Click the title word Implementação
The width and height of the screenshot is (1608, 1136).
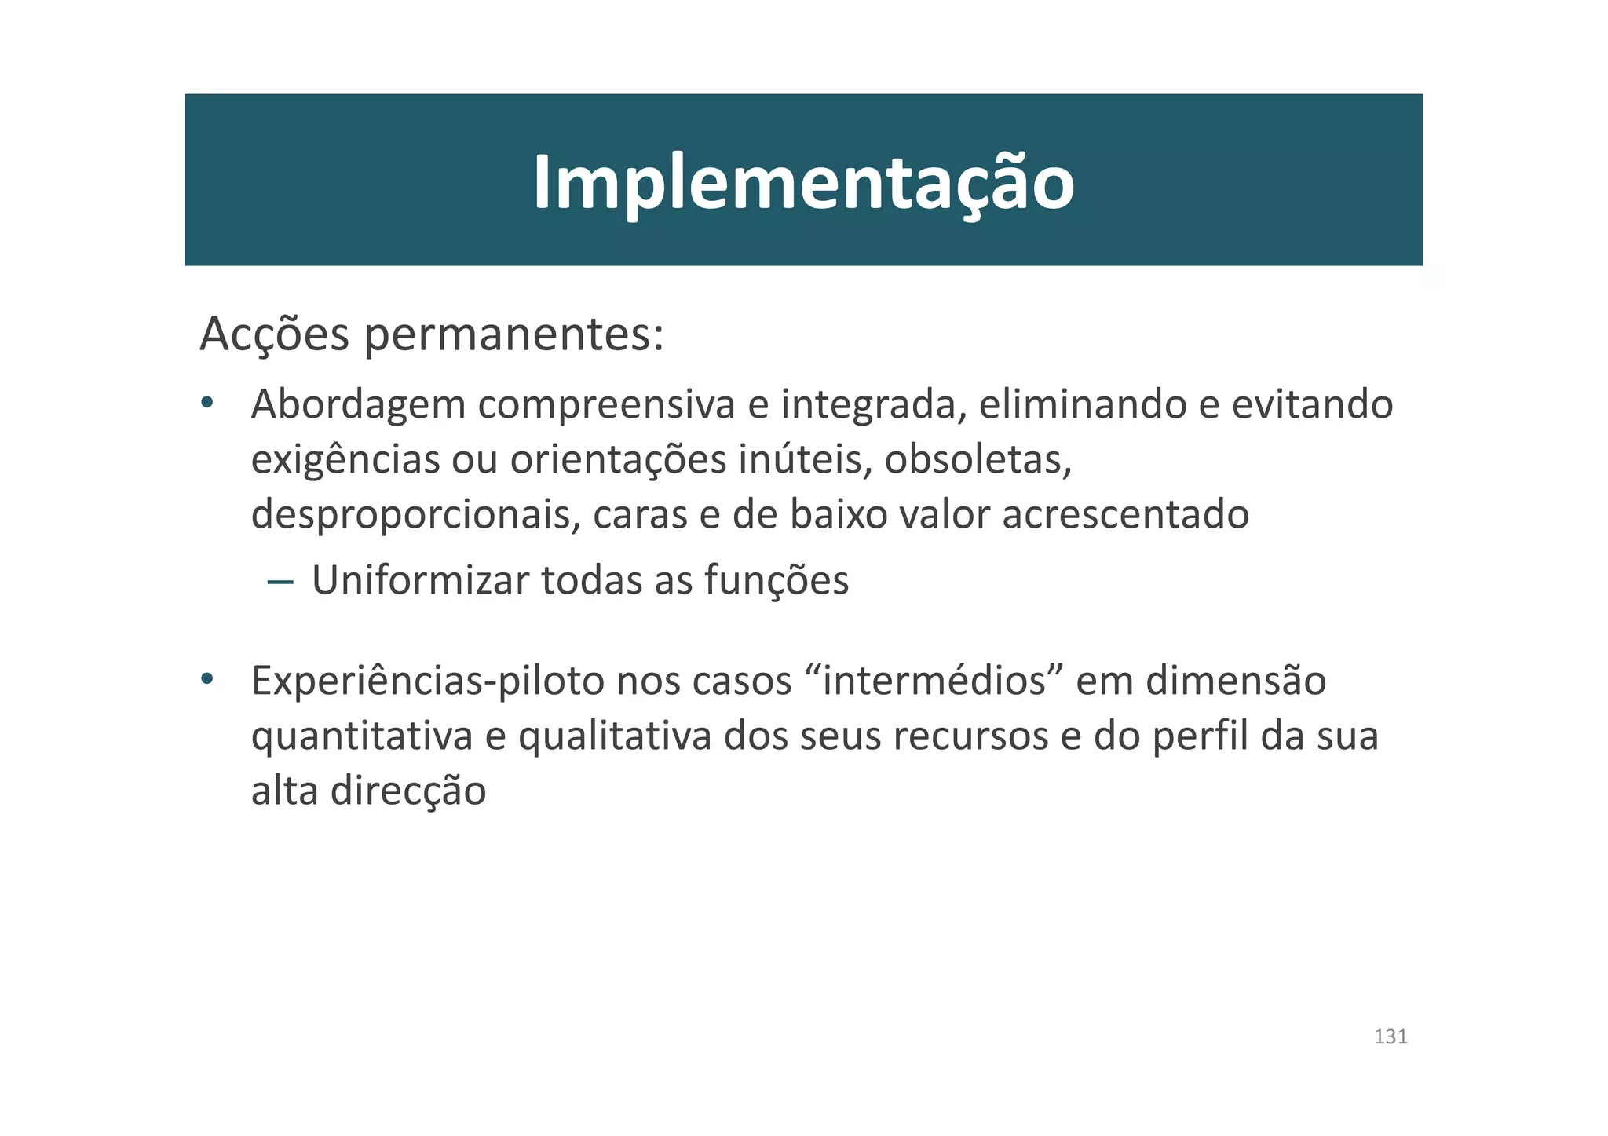[803, 183]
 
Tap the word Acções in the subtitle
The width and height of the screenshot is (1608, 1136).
[274, 335]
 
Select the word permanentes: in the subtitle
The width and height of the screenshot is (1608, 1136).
[514, 335]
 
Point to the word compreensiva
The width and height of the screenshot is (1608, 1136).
[607, 406]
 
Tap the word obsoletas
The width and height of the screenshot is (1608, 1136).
[978, 460]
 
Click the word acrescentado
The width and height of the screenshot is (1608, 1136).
[1126, 515]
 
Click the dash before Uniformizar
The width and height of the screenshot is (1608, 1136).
[280, 582]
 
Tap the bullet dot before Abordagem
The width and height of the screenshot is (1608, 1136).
[206, 404]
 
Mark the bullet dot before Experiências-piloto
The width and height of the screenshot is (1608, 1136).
[206, 679]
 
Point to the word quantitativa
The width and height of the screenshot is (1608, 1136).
[362, 736]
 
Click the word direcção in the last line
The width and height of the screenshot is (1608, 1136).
[407, 791]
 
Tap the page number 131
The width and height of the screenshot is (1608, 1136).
[1391, 1036]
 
